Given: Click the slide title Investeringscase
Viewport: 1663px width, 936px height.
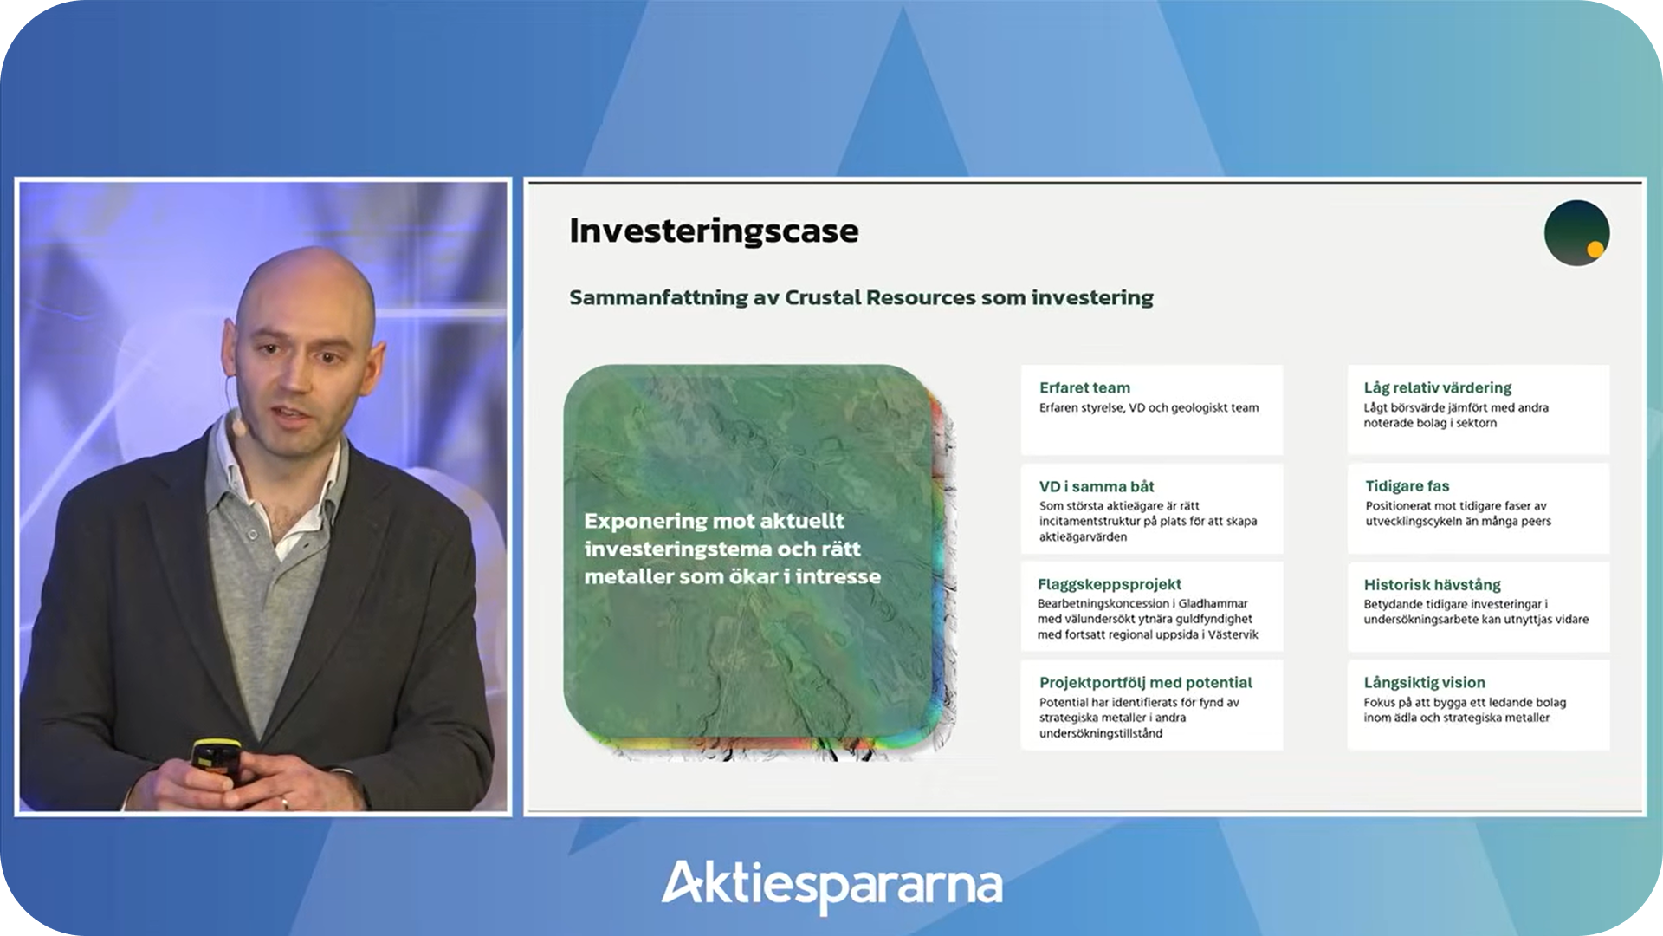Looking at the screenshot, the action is click(x=714, y=231).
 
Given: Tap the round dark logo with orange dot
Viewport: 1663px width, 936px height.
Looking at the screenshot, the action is click(x=1576, y=233).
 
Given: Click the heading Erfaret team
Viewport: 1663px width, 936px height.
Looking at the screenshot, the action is click(x=1084, y=387).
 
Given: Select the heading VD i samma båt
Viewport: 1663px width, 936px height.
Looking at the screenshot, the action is click(x=1097, y=486).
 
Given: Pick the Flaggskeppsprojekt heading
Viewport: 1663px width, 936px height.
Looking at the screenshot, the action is click(x=1110, y=585).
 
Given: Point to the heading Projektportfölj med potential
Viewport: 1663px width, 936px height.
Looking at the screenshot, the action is click(x=1146, y=683).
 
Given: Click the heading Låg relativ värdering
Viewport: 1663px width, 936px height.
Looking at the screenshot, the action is click(x=1438, y=388).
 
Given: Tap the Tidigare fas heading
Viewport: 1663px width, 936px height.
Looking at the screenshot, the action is click(x=1407, y=486).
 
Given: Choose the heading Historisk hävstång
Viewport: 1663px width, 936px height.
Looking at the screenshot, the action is click(x=1433, y=585).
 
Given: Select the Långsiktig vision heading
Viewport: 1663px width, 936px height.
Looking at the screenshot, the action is click(x=1425, y=683).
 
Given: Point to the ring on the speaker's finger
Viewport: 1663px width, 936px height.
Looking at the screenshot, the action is click(x=284, y=803).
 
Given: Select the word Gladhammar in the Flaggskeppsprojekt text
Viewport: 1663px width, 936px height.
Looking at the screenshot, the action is click(x=1213, y=603).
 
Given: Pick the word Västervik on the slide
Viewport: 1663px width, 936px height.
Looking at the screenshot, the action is click(x=1233, y=634).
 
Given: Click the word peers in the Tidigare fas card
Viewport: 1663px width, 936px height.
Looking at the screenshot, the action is click(x=1536, y=522).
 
